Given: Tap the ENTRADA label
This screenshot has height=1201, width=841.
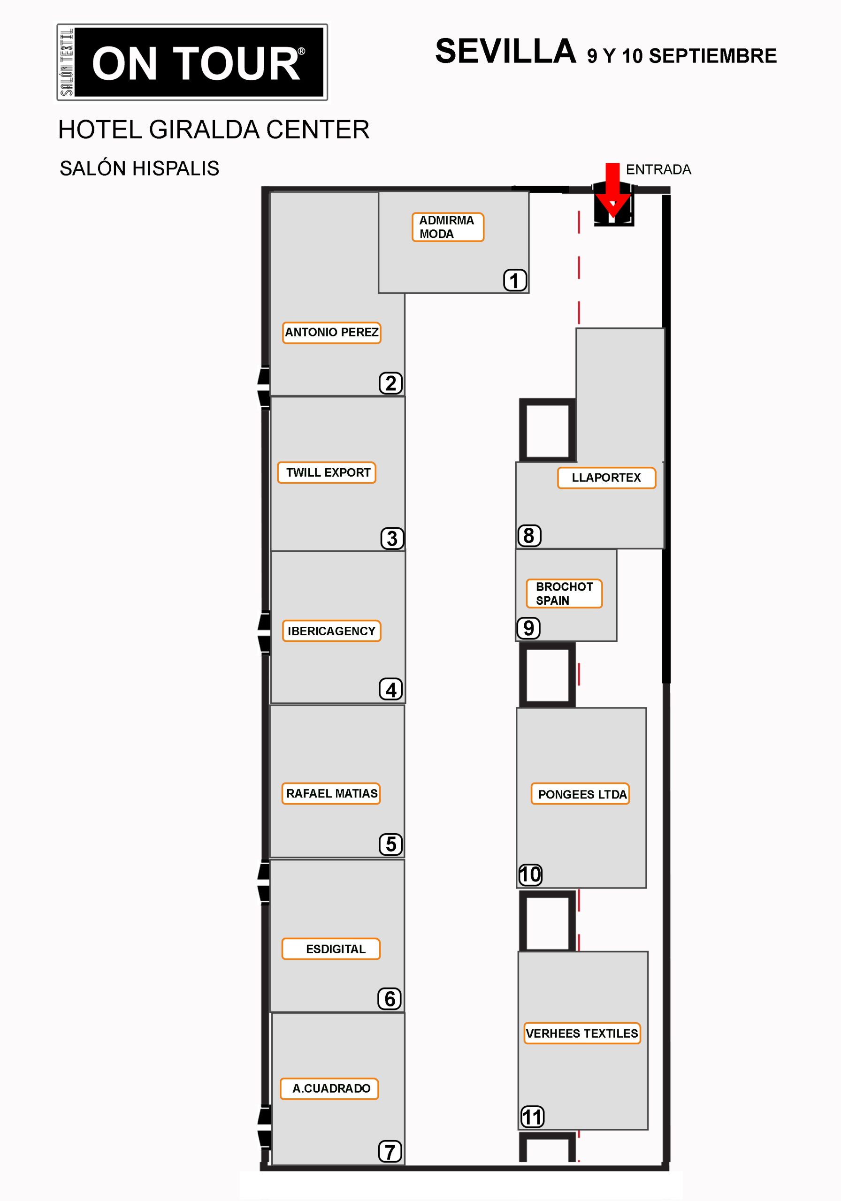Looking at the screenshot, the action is pos(658,169).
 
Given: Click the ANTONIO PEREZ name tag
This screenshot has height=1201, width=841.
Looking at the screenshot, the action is pos(331,333).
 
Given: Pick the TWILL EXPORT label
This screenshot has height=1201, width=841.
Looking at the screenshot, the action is pos(327,472).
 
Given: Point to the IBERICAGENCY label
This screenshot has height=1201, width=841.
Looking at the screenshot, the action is pos(331,631).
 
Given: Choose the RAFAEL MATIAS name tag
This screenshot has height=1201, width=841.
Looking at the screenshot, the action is pos(331,793).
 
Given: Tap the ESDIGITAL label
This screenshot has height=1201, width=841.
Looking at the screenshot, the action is pos(331,949).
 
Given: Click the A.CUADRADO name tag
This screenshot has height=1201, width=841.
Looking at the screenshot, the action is pos(329,1088).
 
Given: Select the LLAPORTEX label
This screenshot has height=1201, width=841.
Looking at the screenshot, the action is pos(606,478).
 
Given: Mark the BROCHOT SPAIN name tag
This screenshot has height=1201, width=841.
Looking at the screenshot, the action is pos(564,594).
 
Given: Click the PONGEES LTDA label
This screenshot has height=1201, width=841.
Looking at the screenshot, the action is pos(581,794).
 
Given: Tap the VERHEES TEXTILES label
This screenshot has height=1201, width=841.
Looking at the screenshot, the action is pos(582,1033).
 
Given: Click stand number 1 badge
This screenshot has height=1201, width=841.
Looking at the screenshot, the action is pos(515,280).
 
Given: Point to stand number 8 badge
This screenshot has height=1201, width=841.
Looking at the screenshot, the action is pos(529,536).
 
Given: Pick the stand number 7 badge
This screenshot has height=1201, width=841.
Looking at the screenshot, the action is pos(390,1151).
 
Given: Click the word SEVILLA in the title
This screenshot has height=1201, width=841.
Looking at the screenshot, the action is pos(505,51).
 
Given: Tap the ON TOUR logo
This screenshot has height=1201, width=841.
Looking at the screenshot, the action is pos(192,62).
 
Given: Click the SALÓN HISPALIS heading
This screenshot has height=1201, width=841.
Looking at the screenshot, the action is pos(139,168).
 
